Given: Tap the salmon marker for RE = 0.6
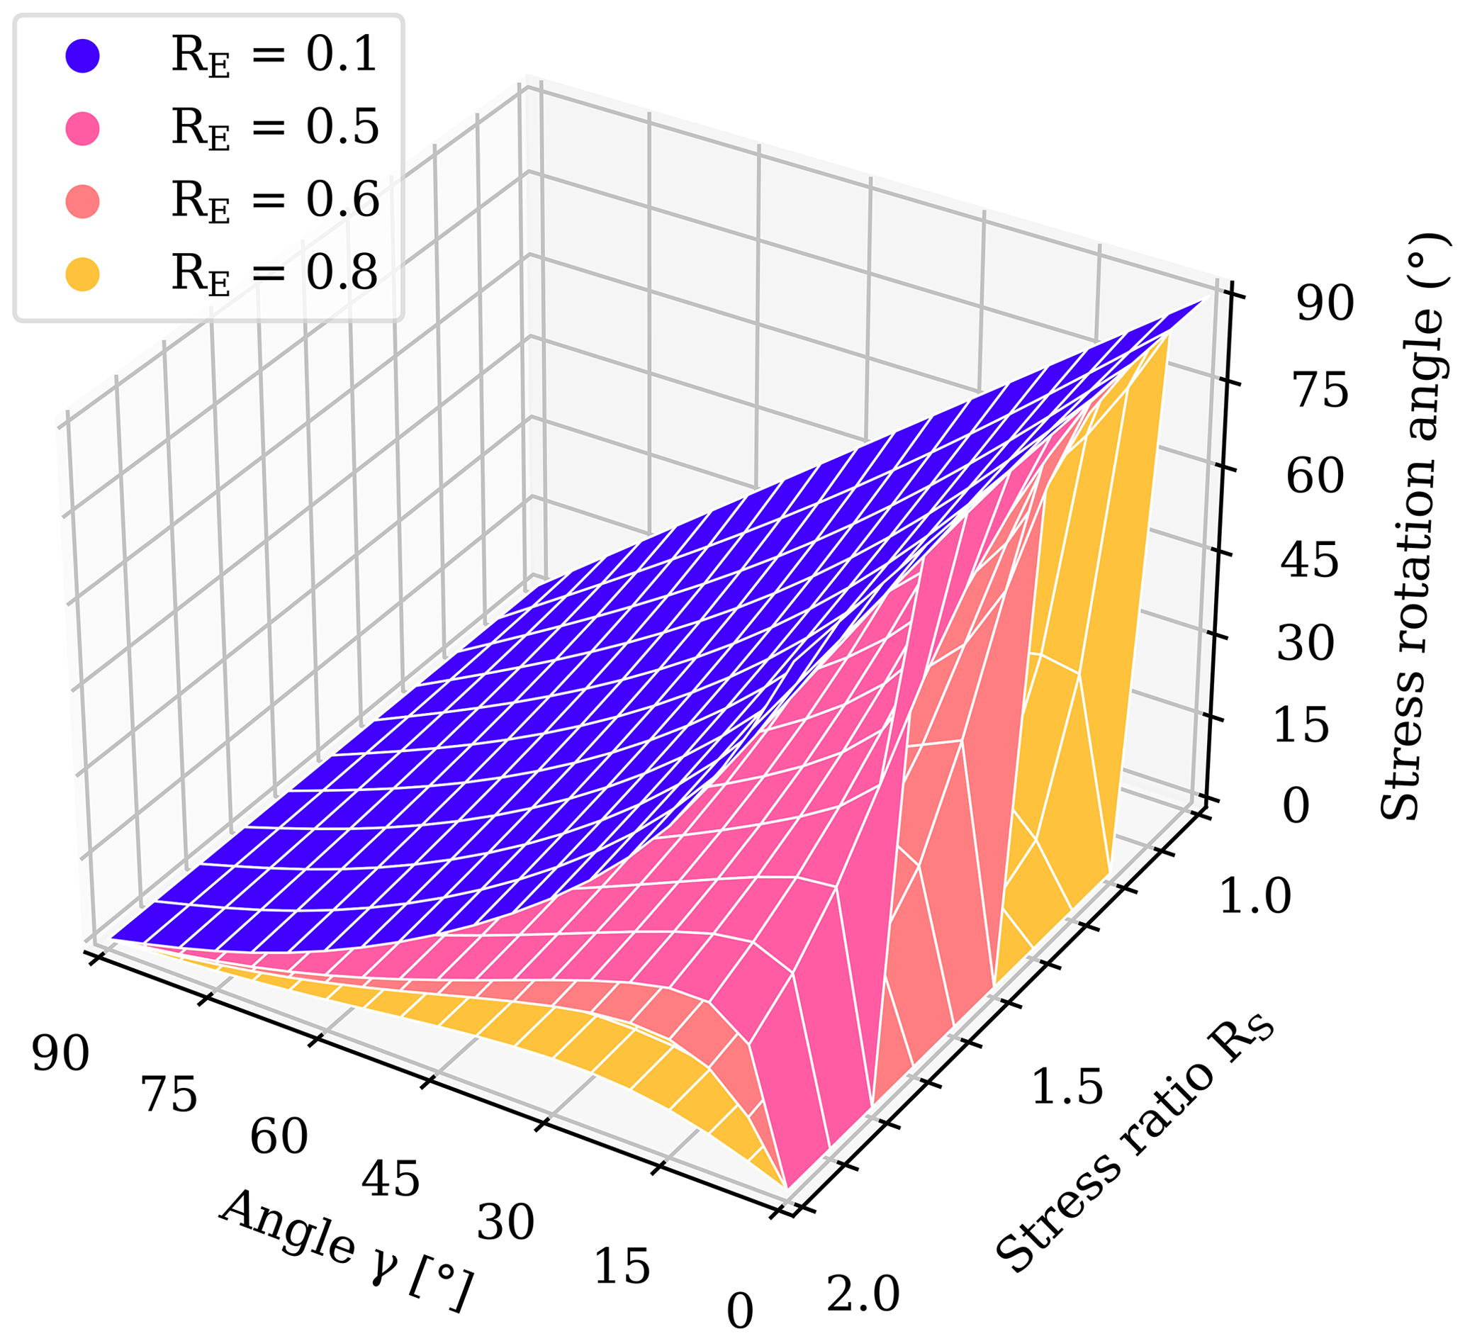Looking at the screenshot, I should (x=82, y=201).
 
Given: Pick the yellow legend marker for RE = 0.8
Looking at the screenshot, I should (x=82, y=274).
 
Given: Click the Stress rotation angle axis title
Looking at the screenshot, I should (x=1414, y=527).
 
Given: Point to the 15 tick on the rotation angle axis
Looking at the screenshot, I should (x=1301, y=726).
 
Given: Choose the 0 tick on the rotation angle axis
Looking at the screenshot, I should (x=1296, y=807).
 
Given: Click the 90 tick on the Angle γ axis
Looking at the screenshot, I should (x=60, y=1054).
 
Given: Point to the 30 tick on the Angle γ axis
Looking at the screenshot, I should (x=506, y=1223).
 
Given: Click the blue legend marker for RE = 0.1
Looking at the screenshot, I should (x=82, y=56).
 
